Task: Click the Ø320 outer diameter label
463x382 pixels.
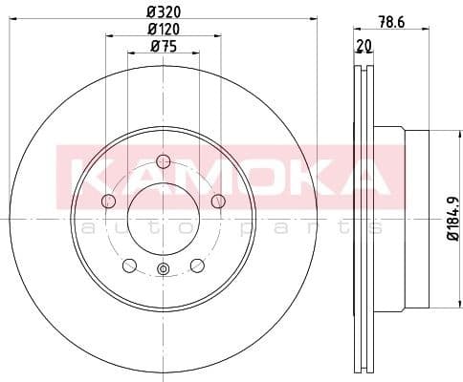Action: tap(164, 12)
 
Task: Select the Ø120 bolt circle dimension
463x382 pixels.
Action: tap(164, 29)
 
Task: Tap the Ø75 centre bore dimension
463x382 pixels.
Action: tap(164, 46)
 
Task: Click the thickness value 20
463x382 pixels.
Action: tap(364, 46)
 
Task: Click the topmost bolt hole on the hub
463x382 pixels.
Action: tap(163, 160)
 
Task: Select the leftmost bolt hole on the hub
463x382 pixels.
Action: tap(108, 201)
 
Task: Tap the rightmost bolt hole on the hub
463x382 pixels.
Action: tap(218, 201)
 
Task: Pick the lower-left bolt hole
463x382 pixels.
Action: tap(129, 265)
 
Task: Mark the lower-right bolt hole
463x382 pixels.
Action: tap(197, 265)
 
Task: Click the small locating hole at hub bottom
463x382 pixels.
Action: tap(163, 269)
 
